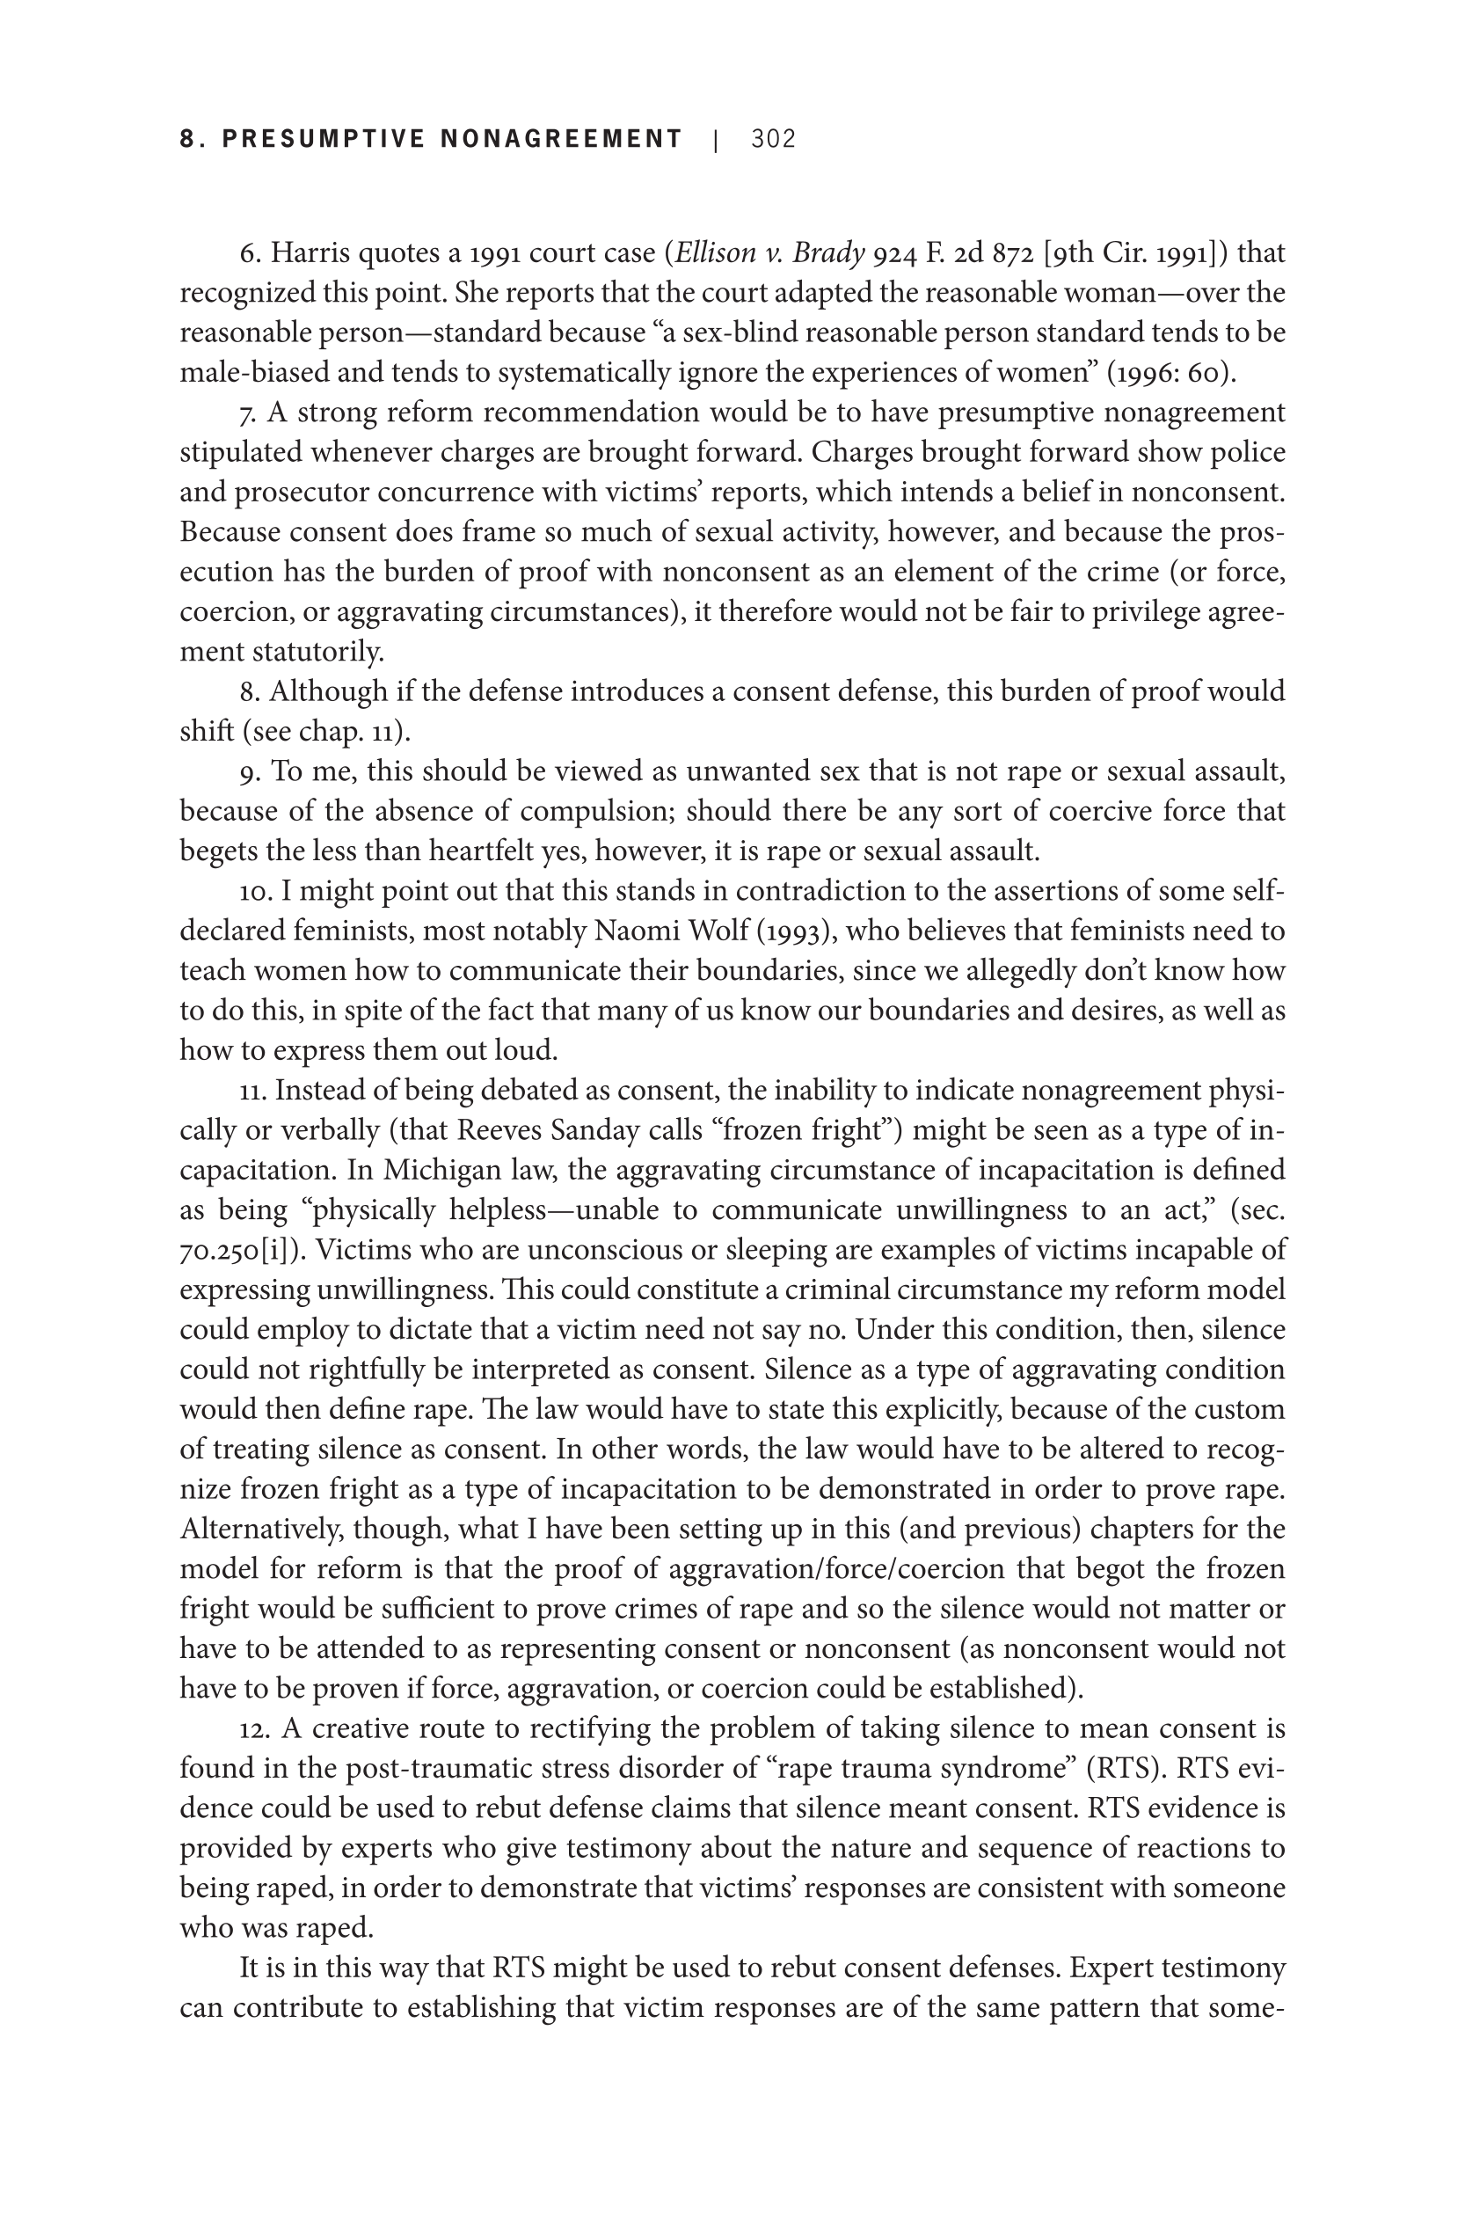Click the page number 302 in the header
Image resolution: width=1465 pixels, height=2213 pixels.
click(x=773, y=139)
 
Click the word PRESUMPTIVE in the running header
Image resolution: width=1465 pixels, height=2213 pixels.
click(x=324, y=139)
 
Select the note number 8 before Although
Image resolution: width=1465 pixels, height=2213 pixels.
click(x=248, y=691)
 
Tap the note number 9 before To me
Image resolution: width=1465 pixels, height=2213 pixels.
click(x=248, y=772)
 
